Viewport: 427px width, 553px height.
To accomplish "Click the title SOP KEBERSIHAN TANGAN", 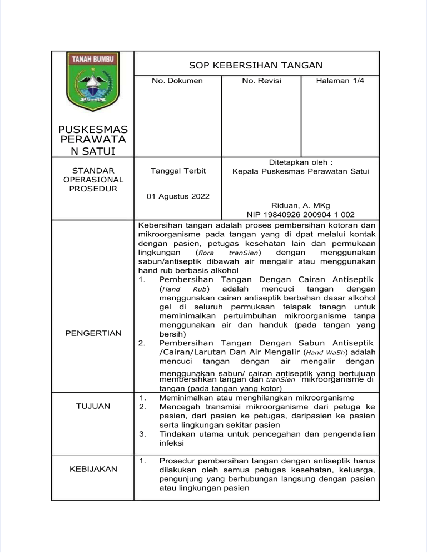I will click(256, 65).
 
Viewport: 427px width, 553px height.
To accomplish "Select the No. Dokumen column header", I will click(177, 81).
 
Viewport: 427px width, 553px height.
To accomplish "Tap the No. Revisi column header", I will click(261, 81).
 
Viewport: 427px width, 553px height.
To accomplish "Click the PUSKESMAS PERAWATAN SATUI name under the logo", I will click(93, 140).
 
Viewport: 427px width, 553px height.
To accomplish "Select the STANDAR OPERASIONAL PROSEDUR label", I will click(93, 180).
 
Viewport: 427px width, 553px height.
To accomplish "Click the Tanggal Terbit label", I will click(177, 171).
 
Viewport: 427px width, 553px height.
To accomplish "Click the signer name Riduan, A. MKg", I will click(300, 205).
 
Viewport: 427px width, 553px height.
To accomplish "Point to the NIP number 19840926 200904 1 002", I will click(300, 214).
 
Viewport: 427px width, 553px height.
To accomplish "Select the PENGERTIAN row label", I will click(93, 334).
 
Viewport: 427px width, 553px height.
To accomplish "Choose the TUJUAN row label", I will click(93, 406).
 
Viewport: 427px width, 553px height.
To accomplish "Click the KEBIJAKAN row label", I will click(93, 469).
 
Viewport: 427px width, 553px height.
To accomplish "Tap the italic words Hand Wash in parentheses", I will click(327, 353).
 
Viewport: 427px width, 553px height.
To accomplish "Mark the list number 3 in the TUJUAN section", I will click(143, 434).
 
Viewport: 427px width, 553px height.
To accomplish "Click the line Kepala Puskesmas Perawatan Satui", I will click(300, 171).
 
